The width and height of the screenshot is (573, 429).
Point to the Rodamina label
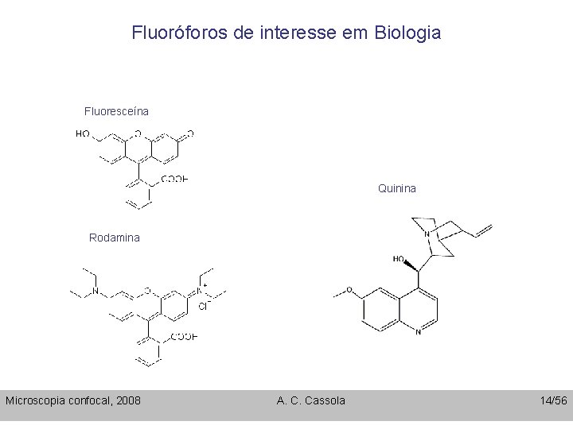pos(114,238)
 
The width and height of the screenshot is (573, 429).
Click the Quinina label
pos(396,189)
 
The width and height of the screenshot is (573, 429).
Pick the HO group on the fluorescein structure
pos(83,134)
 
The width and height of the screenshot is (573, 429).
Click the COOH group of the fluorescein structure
pos(175,180)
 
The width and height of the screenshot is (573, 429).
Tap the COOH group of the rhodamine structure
pos(184,337)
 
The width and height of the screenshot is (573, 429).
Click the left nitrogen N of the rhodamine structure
pos(94,292)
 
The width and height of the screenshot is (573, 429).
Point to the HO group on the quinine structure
pos(399,259)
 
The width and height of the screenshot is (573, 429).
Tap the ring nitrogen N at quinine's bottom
pos(418,332)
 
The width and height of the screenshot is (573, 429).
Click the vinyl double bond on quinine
pos(484,230)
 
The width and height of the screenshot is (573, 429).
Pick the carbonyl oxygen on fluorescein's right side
pos(189,134)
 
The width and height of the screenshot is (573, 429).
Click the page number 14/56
pos(552,400)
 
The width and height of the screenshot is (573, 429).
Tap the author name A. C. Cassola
pos(311,400)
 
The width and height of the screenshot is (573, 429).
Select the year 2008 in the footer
pos(128,400)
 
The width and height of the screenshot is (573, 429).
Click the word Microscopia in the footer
pos(36,400)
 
